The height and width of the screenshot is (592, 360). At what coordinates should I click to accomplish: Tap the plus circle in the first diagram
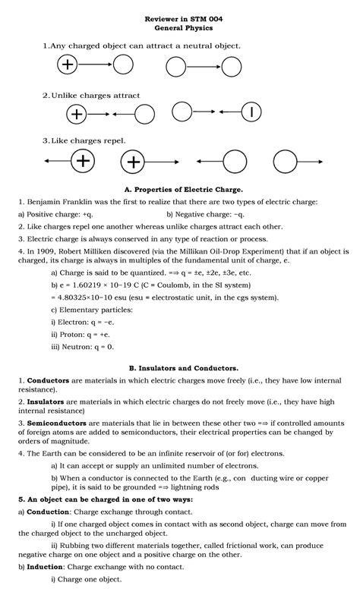click(x=68, y=65)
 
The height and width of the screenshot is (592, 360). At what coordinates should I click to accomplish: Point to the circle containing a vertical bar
click(x=251, y=112)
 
